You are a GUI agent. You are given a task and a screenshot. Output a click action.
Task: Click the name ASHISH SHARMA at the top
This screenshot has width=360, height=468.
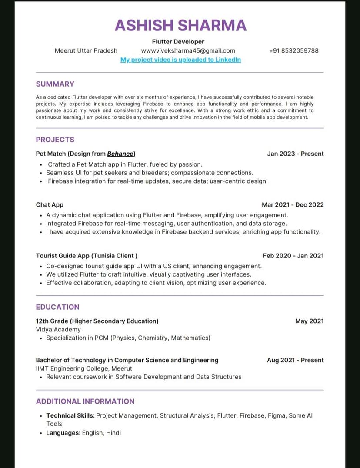pos(180,25)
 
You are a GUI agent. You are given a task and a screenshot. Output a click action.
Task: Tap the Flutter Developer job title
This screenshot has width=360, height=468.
pos(178,42)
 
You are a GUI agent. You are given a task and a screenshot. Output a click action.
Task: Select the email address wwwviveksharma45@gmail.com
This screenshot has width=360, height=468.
pos(188,50)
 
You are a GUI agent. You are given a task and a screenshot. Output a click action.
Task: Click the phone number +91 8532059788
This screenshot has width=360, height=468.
pos(293,50)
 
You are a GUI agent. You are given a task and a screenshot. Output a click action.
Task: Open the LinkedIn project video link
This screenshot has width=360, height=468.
pos(180,60)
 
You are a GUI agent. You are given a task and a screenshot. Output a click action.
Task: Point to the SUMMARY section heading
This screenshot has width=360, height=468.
pos(55,84)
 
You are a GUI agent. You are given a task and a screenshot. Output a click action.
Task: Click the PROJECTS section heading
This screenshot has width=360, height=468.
pos(55,140)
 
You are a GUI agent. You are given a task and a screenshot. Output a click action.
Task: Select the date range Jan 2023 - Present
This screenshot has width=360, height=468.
pos(295,154)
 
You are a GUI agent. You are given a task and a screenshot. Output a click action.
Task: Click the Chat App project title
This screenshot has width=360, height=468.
pos(50,204)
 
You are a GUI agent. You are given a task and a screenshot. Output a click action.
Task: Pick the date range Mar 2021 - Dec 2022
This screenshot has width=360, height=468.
pos(293,204)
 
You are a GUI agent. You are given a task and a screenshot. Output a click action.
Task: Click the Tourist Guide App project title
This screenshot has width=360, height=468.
pos(87,256)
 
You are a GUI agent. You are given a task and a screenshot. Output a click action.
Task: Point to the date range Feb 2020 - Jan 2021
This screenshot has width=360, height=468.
pos(293,256)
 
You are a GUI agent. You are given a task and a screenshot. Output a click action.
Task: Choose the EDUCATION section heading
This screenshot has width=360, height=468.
pos(57,307)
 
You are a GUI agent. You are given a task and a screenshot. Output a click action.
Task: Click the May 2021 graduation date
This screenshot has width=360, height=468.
pos(309,321)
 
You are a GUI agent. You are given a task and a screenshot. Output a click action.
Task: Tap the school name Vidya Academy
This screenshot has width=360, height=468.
pos(58,329)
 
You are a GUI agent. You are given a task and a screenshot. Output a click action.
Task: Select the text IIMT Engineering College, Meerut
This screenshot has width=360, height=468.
pos(84,368)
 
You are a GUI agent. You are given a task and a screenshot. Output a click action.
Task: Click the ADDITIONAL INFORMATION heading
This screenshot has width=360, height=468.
pos(85,401)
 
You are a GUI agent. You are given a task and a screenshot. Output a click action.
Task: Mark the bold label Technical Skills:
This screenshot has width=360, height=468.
pos(70,415)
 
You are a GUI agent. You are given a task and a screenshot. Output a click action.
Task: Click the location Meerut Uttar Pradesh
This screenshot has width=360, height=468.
pos(86,50)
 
